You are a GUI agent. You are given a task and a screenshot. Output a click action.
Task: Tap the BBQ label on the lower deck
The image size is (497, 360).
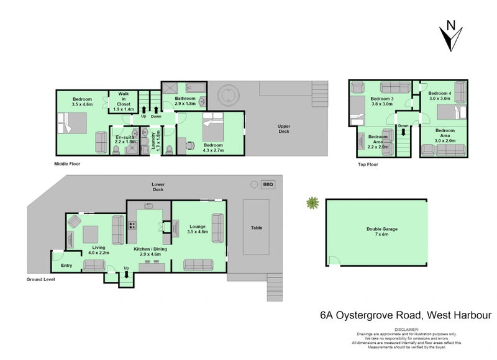click(x=268, y=184)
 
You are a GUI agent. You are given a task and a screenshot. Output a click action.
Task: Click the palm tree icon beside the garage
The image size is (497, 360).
click(x=312, y=202)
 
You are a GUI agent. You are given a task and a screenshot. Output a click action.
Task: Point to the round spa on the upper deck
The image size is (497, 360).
click(x=228, y=95)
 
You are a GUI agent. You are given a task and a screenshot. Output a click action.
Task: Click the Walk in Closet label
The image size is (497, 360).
click(x=123, y=102)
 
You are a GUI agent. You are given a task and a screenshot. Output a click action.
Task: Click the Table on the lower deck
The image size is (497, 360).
click(x=256, y=227)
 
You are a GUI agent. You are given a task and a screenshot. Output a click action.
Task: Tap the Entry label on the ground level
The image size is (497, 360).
click(x=66, y=265)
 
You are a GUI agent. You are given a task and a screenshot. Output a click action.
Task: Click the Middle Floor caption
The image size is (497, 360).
click(x=67, y=164)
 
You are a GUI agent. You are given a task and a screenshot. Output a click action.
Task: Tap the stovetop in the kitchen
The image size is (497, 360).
click(x=132, y=225)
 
